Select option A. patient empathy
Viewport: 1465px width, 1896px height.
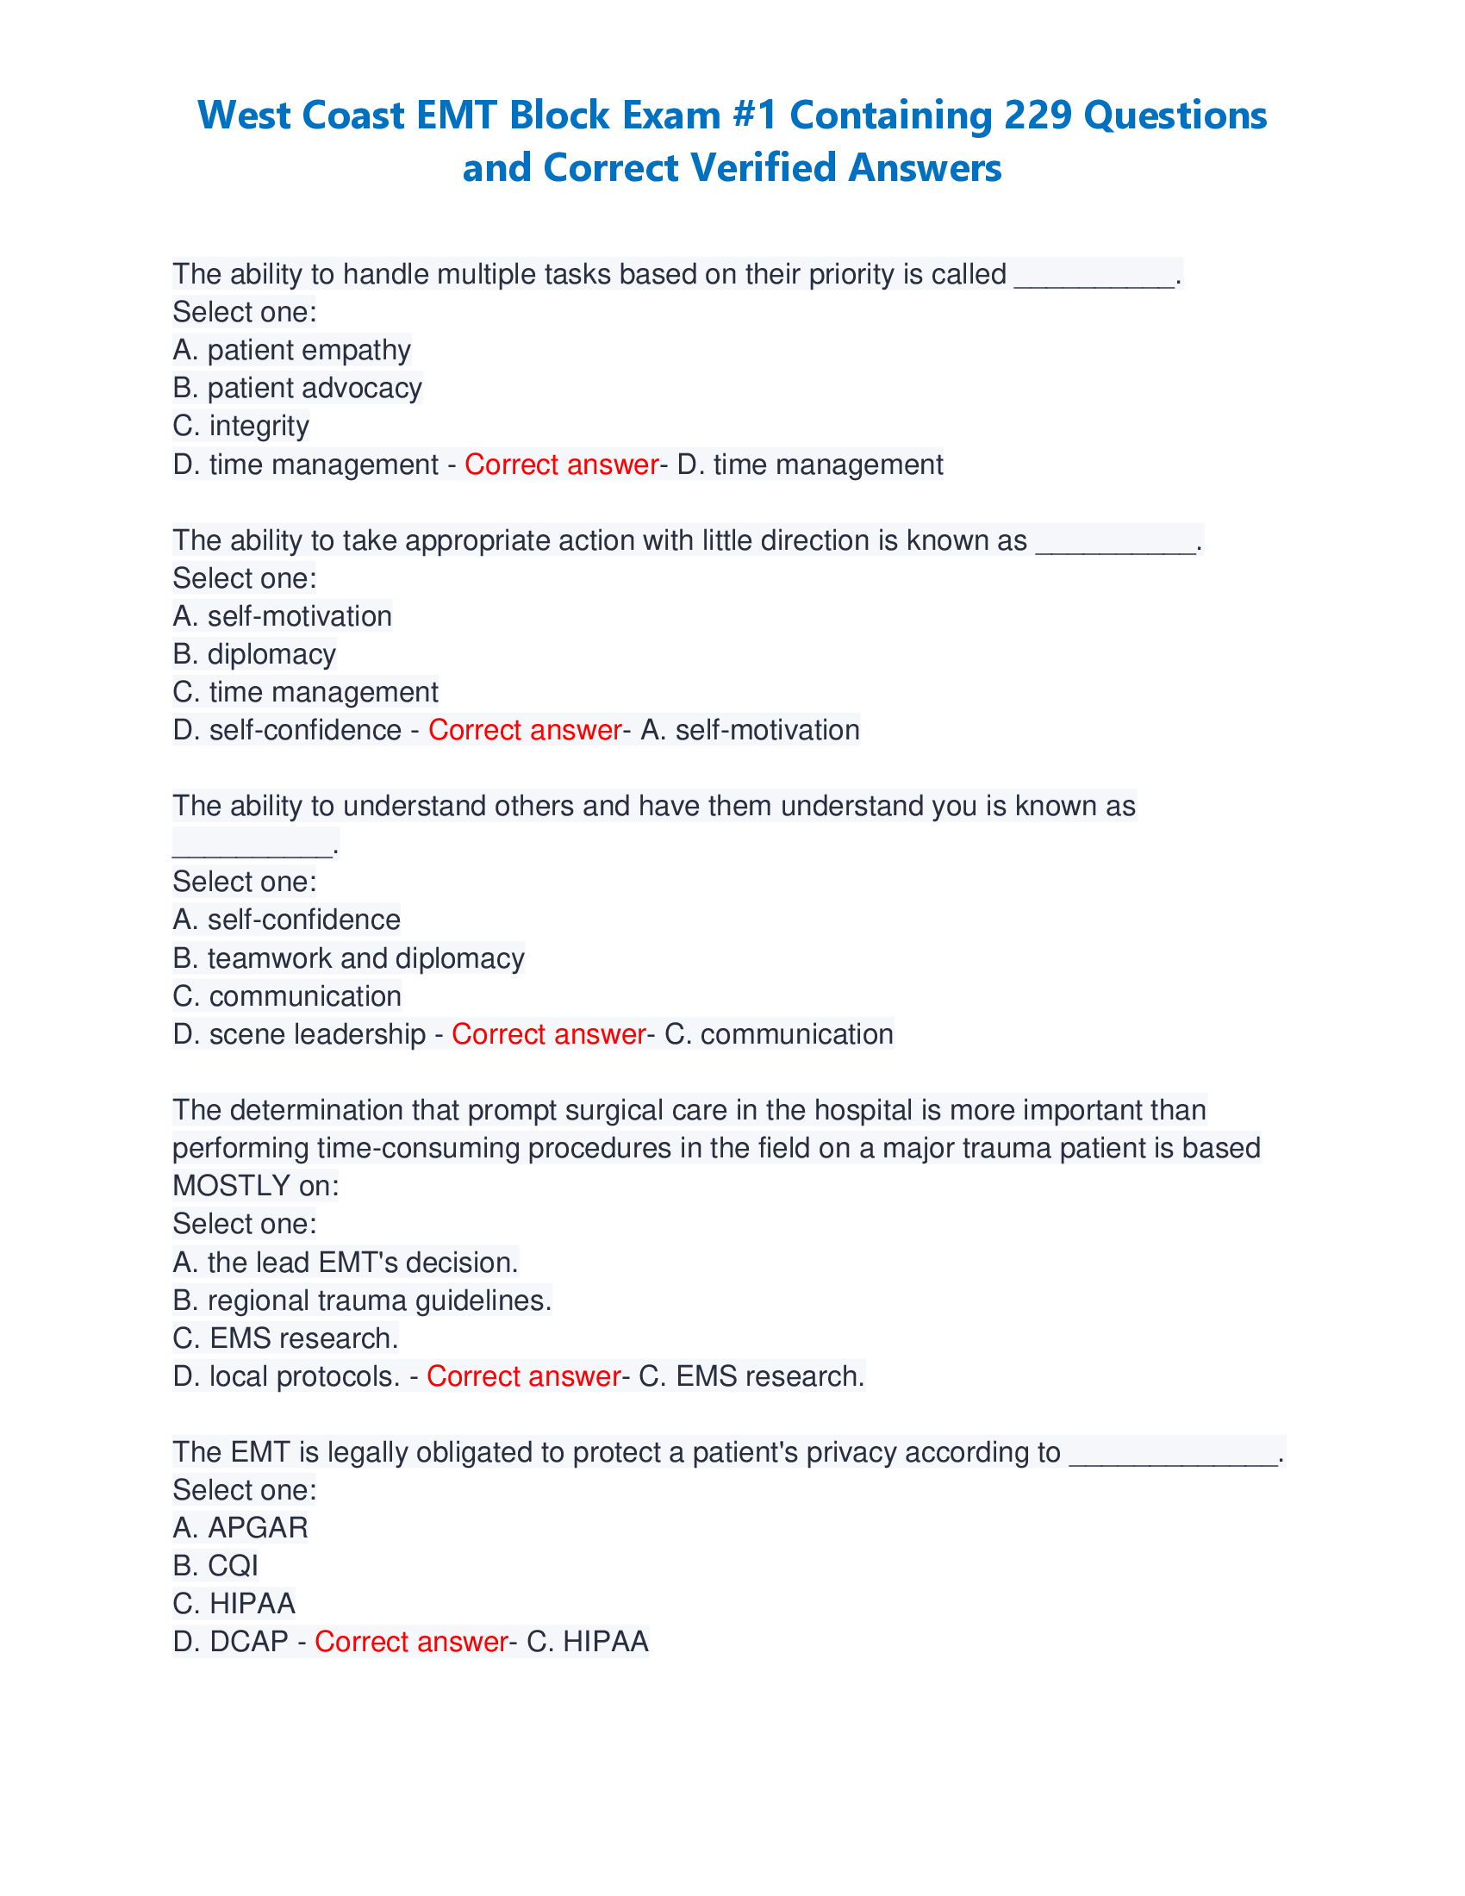point(291,350)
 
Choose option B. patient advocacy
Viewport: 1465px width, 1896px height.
point(296,388)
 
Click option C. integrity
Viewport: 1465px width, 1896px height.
point(240,427)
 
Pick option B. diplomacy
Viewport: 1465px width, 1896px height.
point(253,655)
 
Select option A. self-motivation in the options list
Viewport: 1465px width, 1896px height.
point(282,616)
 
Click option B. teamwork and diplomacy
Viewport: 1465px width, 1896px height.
point(348,958)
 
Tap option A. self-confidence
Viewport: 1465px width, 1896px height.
point(286,920)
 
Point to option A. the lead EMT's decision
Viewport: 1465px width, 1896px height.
point(345,1263)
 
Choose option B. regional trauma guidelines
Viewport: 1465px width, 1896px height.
point(362,1300)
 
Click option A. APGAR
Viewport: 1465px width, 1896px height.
point(240,1528)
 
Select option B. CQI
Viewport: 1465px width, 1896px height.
point(215,1566)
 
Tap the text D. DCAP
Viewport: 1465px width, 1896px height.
point(230,1642)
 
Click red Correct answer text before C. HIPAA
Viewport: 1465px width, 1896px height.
point(410,1642)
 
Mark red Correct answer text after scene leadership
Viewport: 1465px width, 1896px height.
point(548,1034)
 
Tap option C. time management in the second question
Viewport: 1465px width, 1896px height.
point(306,692)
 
